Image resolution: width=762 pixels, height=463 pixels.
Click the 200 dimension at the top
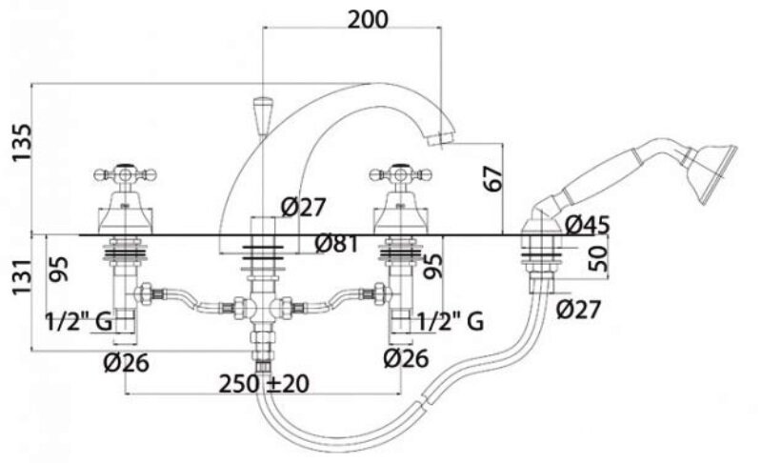[x=368, y=20]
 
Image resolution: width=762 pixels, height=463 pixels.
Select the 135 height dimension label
[x=21, y=142]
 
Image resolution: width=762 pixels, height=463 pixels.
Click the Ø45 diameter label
[x=587, y=226]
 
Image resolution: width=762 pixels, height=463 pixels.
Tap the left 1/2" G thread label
[x=78, y=322]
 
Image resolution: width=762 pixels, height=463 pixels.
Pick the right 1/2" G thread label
[x=449, y=322]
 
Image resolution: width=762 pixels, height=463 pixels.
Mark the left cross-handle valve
[x=119, y=176]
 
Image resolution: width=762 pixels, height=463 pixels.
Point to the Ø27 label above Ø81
[x=304, y=205]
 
